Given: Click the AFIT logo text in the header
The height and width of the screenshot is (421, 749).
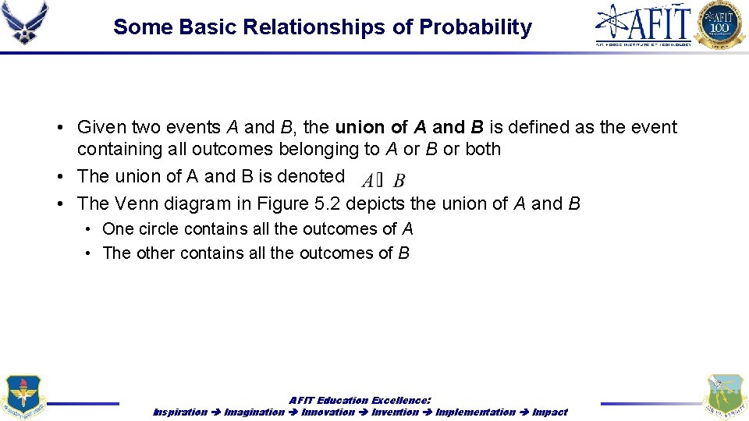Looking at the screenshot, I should [x=644, y=23].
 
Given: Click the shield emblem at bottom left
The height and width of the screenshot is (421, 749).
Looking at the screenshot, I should [x=23, y=398].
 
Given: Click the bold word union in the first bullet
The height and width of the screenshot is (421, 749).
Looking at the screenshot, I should [x=360, y=127].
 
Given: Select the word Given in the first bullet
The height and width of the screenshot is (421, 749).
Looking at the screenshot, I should [x=102, y=127].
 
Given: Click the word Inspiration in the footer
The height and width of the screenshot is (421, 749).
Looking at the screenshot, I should [x=180, y=412].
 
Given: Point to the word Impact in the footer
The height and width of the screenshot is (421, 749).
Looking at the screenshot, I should [x=549, y=412].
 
